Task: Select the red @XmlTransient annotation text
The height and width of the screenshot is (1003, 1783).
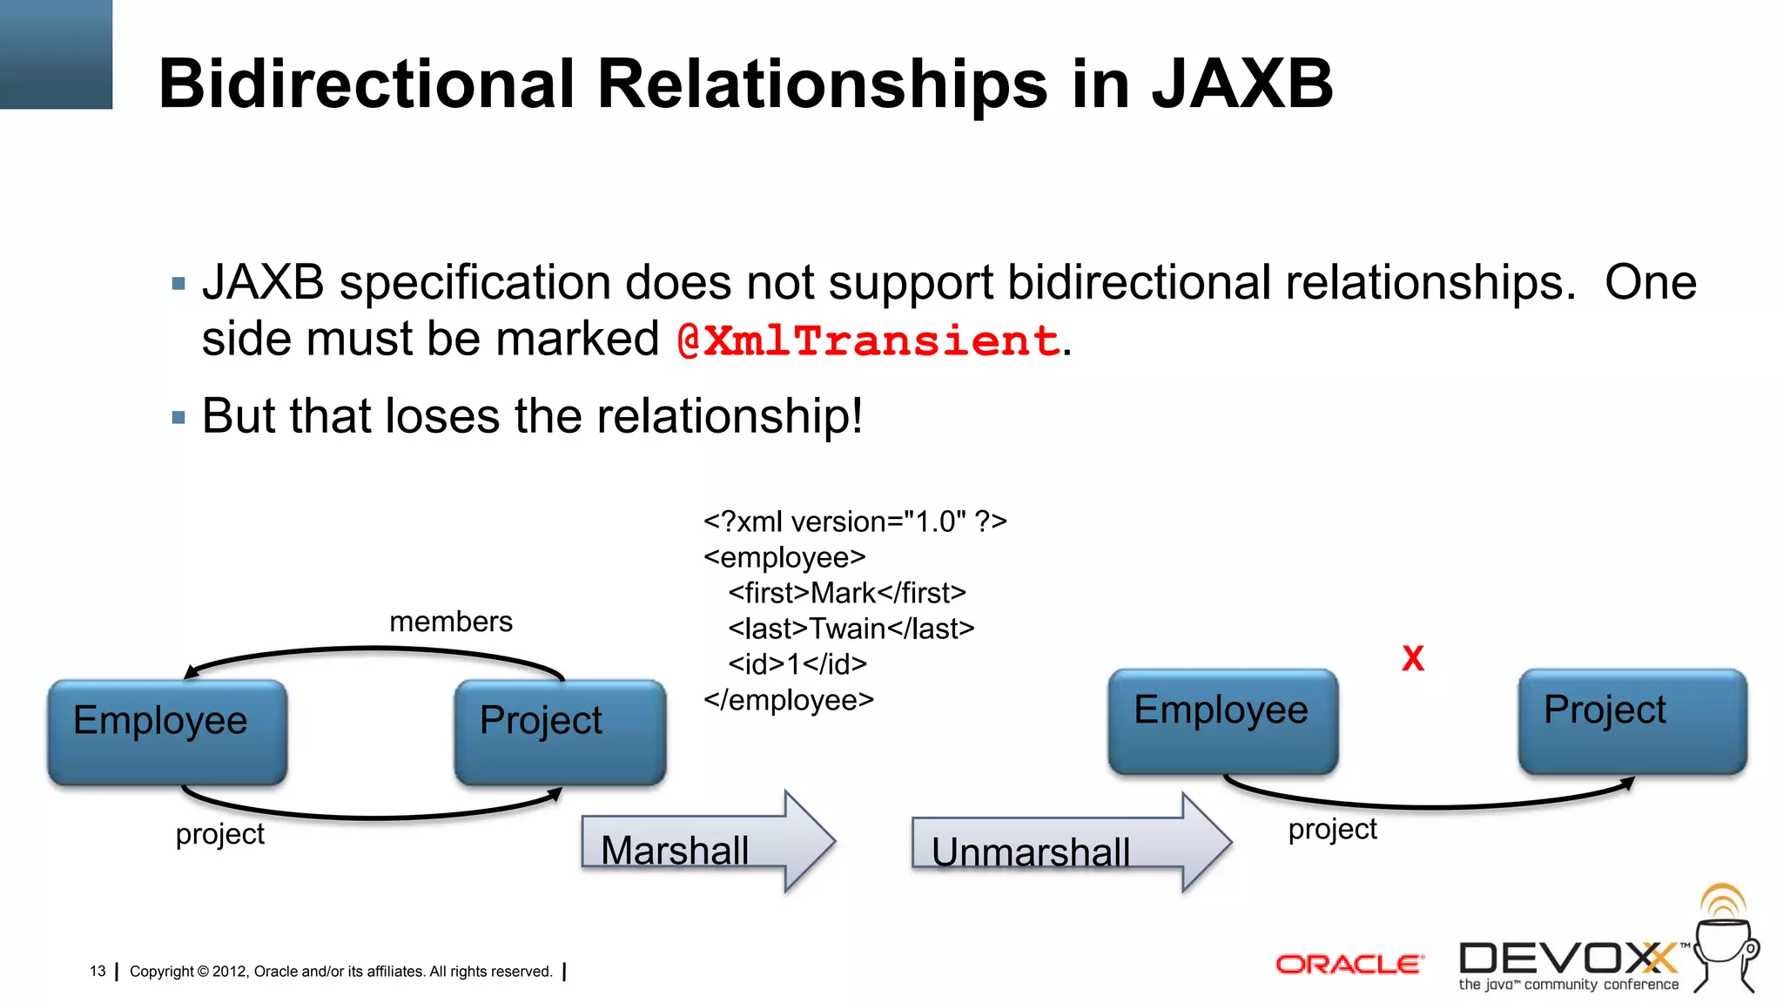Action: tap(868, 340)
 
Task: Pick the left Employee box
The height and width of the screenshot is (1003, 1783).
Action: tap(167, 731)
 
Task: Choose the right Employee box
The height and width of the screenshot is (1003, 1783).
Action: tap(1222, 721)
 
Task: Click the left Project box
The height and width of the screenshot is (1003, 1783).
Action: tap(560, 731)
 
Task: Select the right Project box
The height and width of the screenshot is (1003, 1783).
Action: tap(1632, 721)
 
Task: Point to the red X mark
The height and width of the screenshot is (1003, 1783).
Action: tap(1413, 659)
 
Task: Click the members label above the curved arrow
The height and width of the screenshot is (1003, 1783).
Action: tap(450, 622)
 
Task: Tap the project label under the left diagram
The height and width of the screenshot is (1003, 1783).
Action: tap(219, 834)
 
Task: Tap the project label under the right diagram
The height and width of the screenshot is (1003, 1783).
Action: tap(1332, 829)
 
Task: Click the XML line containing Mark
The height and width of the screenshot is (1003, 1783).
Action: tap(846, 593)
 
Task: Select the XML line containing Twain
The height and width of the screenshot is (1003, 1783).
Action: tap(851, 629)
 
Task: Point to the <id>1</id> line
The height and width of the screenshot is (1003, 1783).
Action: tap(797, 664)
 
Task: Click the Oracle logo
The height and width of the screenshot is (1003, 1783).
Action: tap(1349, 964)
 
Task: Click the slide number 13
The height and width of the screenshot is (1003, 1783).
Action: tap(98, 971)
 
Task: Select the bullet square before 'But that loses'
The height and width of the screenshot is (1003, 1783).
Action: tap(179, 418)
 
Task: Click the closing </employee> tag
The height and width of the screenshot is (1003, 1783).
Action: tap(788, 700)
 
